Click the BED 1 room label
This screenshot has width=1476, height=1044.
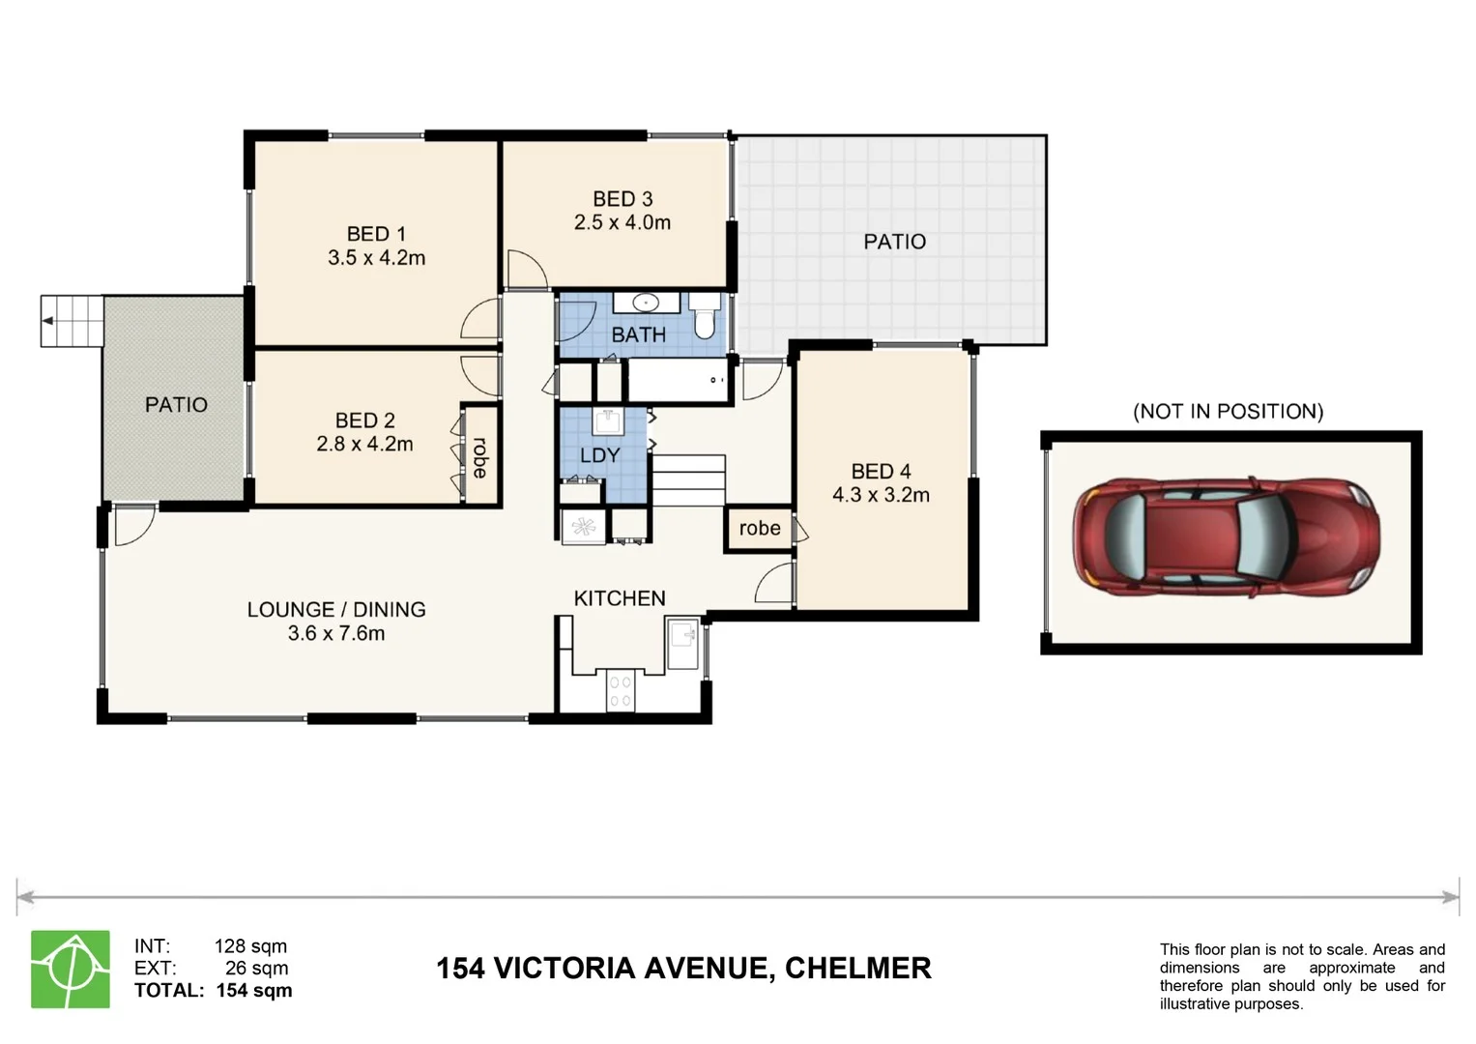point(376,234)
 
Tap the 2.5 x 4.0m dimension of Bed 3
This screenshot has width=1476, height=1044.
point(622,222)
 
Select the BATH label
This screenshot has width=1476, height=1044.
point(638,334)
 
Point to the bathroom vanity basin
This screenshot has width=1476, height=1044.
point(646,303)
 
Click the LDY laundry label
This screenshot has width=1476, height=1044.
point(599,455)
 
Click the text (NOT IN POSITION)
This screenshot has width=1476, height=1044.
point(1228,411)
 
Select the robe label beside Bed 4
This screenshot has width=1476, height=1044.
point(759,528)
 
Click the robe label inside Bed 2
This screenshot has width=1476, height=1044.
point(479,457)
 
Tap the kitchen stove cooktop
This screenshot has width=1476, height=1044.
point(620,690)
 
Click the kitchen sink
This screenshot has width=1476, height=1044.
point(682,638)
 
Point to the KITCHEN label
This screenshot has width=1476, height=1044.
point(620,598)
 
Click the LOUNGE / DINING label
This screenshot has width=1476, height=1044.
point(335,610)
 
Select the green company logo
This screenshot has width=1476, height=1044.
point(71,969)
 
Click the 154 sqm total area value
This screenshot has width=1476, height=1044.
point(253,990)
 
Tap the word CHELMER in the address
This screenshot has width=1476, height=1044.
point(857,968)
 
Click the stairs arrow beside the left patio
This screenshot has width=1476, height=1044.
point(48,321)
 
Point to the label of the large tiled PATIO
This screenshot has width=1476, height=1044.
point(894,242)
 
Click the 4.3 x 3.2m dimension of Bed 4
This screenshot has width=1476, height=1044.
point(881,495)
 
